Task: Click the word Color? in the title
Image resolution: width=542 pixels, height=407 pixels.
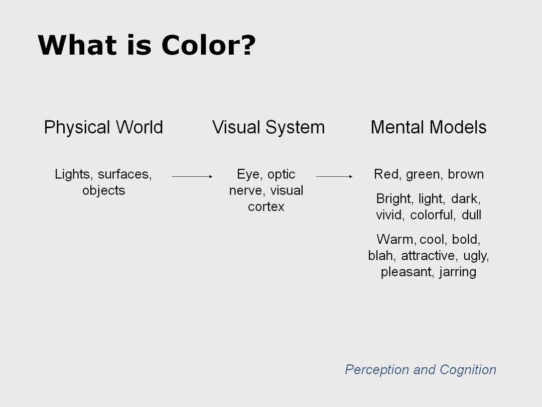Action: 208,45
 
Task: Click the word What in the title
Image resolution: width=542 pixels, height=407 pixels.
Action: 77,45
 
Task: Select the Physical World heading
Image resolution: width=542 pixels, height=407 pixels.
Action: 103,128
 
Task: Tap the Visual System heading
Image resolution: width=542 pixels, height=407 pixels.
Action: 268,128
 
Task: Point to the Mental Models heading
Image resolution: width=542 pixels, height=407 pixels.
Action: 429,127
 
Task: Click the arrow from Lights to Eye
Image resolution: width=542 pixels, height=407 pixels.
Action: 192,176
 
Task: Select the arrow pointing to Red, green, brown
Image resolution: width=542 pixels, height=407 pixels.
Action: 335,176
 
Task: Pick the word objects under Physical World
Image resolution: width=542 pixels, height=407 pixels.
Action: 104,191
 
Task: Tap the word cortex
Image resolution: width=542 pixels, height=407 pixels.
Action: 266,207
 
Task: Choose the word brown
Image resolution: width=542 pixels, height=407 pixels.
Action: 466,174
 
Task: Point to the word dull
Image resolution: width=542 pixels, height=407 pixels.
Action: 471,215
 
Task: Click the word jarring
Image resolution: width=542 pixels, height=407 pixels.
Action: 458,272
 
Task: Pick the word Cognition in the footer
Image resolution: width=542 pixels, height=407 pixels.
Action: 468,370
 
